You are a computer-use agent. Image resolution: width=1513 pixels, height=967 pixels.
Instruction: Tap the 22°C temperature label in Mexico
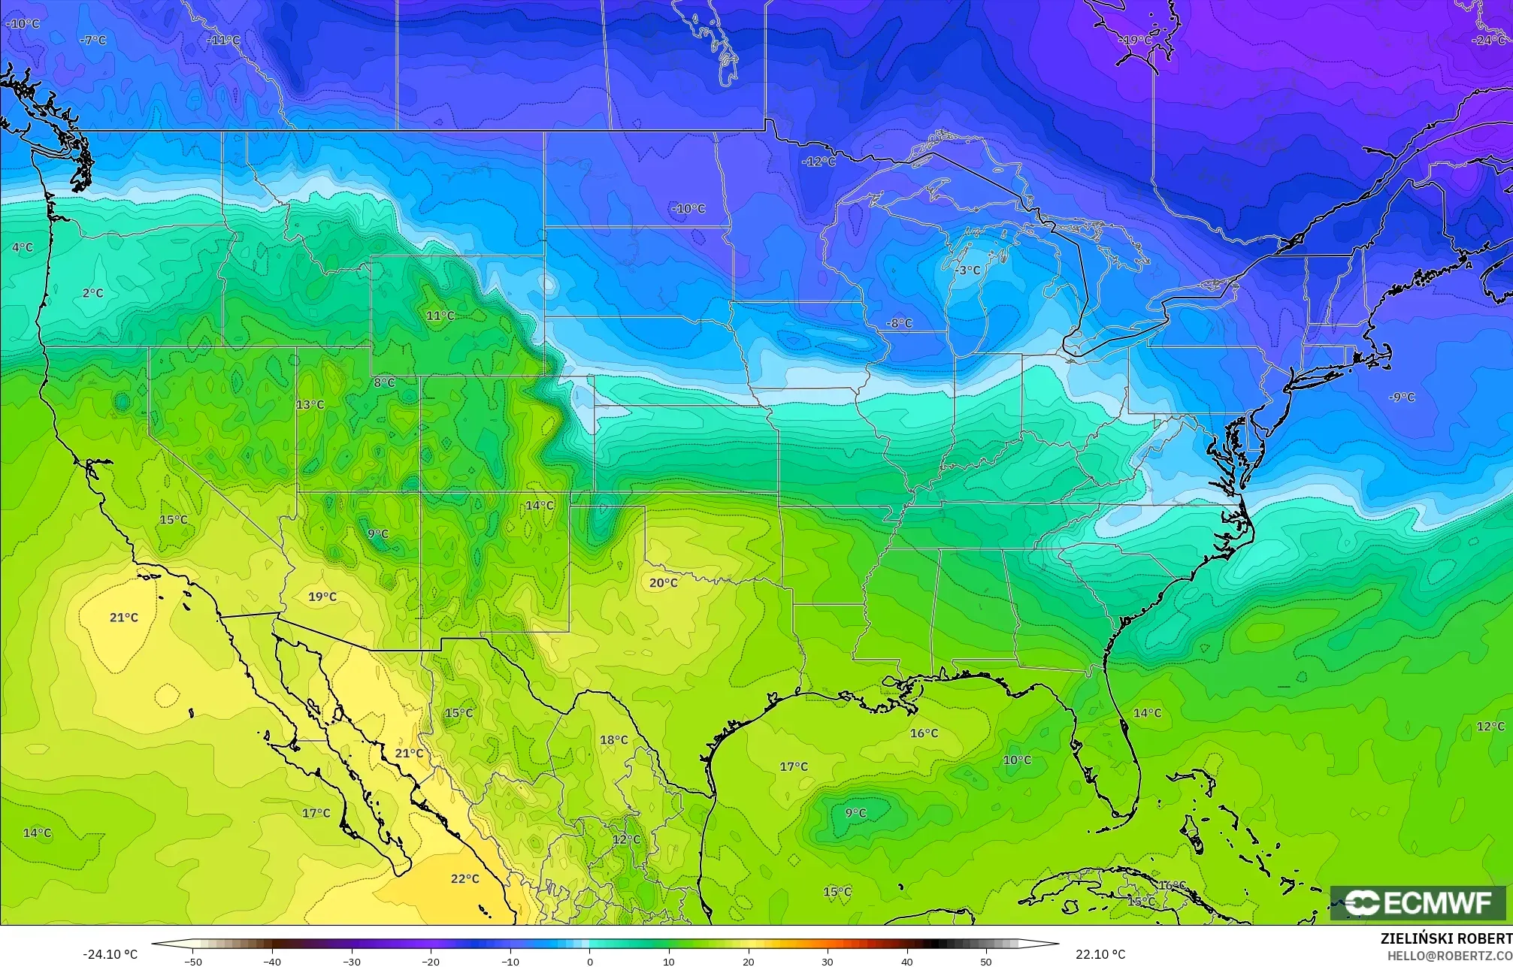click(464, 878)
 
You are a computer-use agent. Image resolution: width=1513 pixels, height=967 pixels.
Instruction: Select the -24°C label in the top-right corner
click(1488, 40)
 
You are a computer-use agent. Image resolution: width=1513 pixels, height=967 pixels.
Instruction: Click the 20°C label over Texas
click(663, 582)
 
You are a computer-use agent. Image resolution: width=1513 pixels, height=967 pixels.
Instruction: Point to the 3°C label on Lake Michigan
click(969, 270)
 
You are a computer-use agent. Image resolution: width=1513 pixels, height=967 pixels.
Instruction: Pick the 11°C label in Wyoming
click(440, 316)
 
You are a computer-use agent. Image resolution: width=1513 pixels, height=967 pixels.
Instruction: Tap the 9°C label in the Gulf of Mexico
click(855, 812)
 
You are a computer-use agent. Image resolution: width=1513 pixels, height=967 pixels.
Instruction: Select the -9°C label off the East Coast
click(1401, 397)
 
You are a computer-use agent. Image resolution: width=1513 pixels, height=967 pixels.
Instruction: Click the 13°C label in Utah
click(310, 404)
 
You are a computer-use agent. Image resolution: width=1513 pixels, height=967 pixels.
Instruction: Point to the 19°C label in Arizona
click(322, 597)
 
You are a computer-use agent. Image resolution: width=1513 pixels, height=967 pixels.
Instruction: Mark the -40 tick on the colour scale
click(273, 961)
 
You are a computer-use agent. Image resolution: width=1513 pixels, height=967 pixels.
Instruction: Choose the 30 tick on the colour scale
click(827, 961)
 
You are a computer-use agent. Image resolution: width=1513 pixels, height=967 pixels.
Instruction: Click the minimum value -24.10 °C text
click(110, 954)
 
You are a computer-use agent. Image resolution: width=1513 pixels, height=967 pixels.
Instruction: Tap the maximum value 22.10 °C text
click(1100, 954)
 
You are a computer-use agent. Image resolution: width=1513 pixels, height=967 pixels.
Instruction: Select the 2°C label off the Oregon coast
click(92, 293)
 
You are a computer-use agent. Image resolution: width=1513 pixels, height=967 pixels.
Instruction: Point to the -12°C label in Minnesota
click(818, 162)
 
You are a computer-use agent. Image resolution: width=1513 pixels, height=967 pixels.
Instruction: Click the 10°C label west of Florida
click(1017, 760)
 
